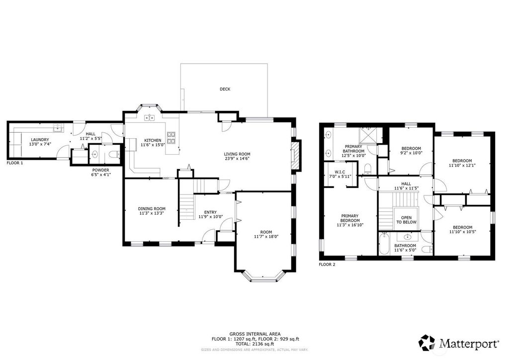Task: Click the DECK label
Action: point(225,89)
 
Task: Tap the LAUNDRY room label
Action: point(40,140)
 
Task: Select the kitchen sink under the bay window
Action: point(149,117)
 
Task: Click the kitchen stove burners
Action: point(171,138)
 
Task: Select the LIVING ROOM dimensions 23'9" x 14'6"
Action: point(237,159)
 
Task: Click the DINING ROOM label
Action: point(152,209)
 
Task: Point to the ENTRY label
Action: point(210,212)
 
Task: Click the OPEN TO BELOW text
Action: point(407,220)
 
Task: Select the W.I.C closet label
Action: point(340,172)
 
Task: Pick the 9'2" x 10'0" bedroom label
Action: point(411,153)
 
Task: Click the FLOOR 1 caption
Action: point(15,163)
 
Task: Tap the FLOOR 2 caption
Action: point(327,265)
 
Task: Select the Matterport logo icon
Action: point(426,343)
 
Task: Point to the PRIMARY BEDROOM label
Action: point(349,218)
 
